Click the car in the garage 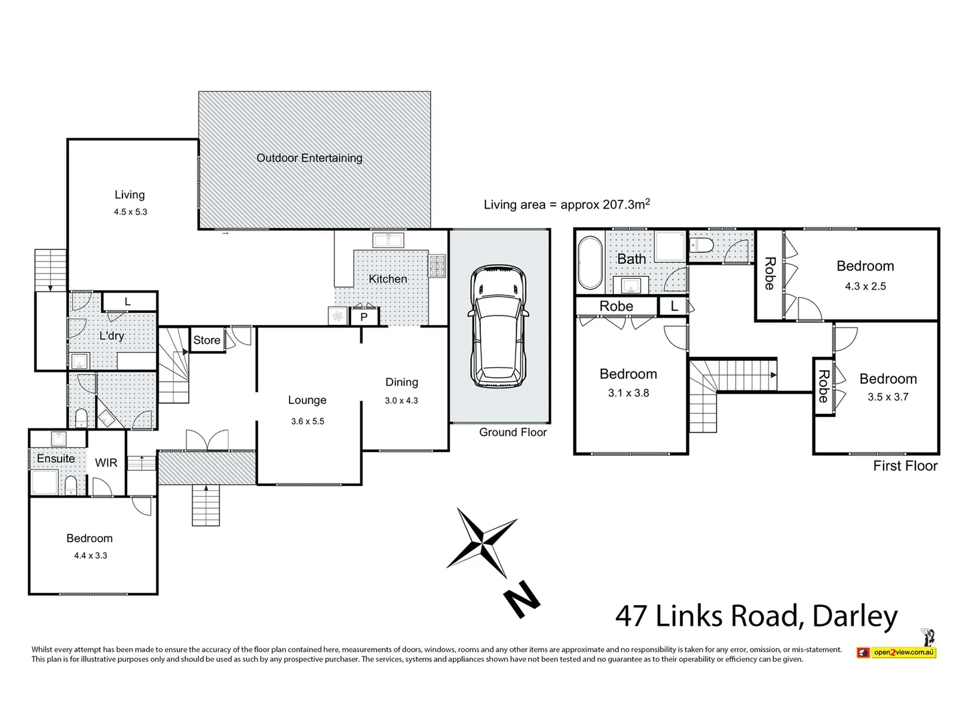(x=499, y=327)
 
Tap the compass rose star (x=481, y=542)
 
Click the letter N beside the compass (x=521, y=598)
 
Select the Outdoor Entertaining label (x=309, y=158)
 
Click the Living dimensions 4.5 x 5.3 (x=130, y=212)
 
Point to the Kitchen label (x=388, y=279)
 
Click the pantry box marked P (x=364, y=317)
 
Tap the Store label (x=207, y=340)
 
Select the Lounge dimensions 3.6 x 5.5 (x=308, y=421)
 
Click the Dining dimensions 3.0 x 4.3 (x=401, y=401)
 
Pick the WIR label (x=106, y=463)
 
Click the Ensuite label (x=56, y=459)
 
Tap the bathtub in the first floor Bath (x=590, y=263)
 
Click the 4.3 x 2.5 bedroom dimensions (x=865, y=286)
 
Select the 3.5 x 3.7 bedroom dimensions (x=888, y=397)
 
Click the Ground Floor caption (x=513, y=433)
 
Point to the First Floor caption (x=905, y=466)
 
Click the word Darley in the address (x=855, y=616)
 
